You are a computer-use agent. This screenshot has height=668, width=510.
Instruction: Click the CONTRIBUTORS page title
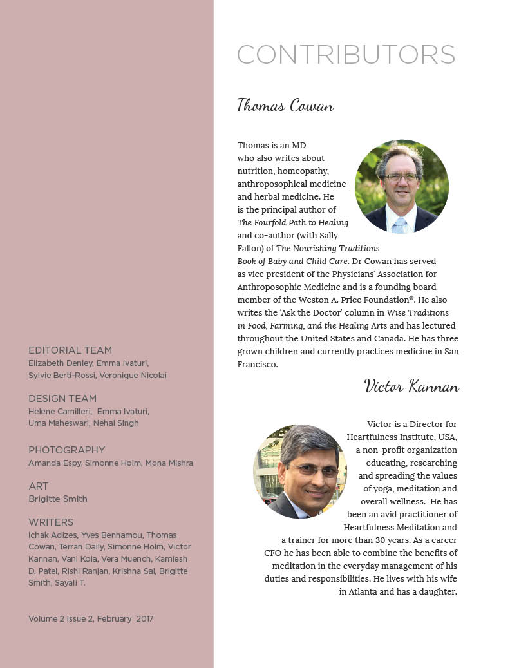(x=346, y=55)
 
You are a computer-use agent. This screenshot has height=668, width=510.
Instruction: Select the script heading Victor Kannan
(x=411, y=386)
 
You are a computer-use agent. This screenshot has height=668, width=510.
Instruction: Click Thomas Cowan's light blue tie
(x=400, y=224)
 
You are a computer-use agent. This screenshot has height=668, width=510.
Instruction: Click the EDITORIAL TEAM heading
(x=70, y=350)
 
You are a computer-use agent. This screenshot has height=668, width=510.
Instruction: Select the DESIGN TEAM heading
(x=62, y=399)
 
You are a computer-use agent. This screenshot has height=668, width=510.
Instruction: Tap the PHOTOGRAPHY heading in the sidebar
(x=66, y=450)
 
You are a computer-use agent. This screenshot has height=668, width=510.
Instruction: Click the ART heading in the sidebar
(x=38, y=486)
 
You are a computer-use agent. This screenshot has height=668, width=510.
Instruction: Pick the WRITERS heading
(x=51, y=522)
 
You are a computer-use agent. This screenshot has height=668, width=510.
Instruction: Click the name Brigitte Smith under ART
(x=58, y=499)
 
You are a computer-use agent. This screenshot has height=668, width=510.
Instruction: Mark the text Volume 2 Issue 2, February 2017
(x=91, y=619)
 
